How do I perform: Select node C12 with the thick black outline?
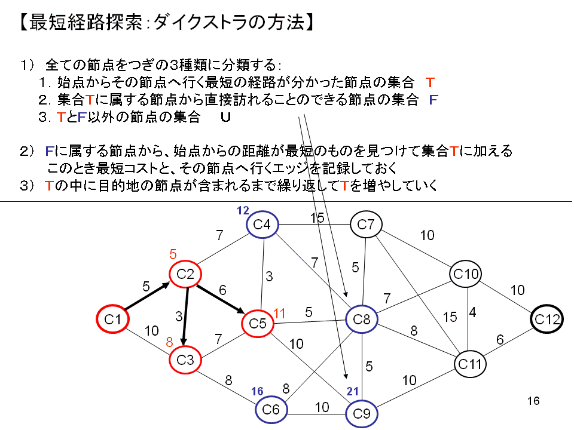547,320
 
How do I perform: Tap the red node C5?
258,324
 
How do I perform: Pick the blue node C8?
362,320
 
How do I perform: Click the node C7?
366,225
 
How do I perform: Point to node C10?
466,274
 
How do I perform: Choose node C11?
469,363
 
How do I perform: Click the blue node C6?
271,409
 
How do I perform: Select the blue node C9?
362,413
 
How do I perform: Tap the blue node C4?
262,225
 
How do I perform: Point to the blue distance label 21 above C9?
353,392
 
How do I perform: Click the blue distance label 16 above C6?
257,391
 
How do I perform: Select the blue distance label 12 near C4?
243,210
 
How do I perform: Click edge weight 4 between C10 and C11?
472,313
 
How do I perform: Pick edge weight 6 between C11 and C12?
500,340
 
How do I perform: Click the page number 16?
534,401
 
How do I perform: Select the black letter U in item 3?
225,118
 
